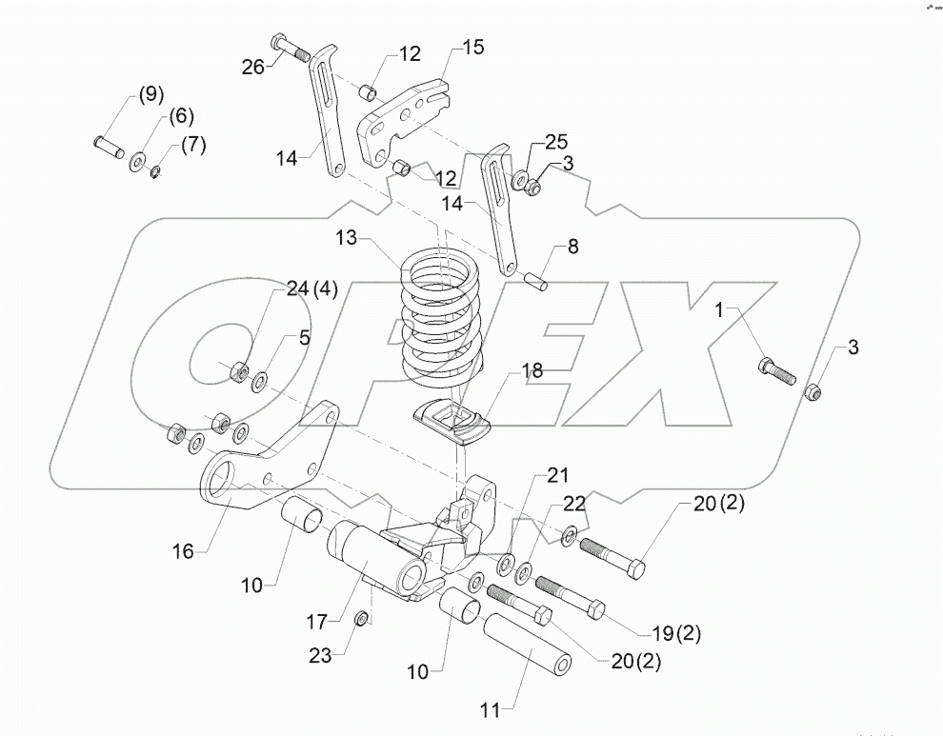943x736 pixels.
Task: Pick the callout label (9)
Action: tap(150, 94)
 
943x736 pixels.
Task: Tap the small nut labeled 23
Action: tap(363, 620)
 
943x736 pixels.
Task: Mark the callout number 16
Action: tap(183, 550)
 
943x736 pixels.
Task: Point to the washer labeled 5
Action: tap(259, 382)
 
